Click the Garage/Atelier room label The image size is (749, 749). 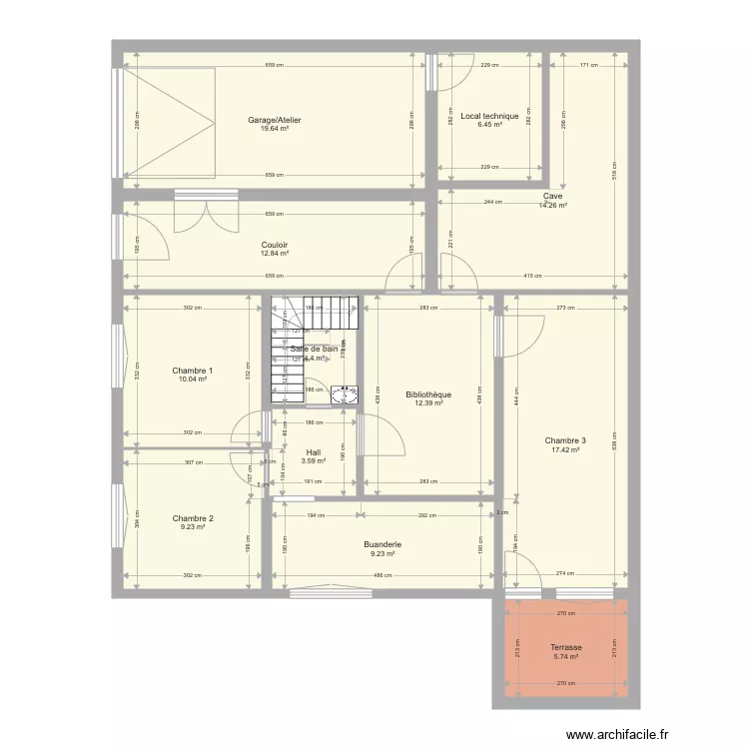275,120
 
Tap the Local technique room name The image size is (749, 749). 489,116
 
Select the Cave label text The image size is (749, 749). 552,197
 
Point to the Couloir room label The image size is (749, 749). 275,245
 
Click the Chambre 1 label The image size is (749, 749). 193,371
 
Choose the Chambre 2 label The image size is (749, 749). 193,518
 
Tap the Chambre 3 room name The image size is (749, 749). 565,440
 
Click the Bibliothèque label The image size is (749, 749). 428,394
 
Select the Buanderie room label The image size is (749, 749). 383,544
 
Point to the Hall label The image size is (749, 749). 314,451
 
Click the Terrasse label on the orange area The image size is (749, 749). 565,647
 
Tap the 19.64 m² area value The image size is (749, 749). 275,129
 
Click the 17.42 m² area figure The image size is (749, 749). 565,449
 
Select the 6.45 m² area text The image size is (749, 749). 489,125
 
